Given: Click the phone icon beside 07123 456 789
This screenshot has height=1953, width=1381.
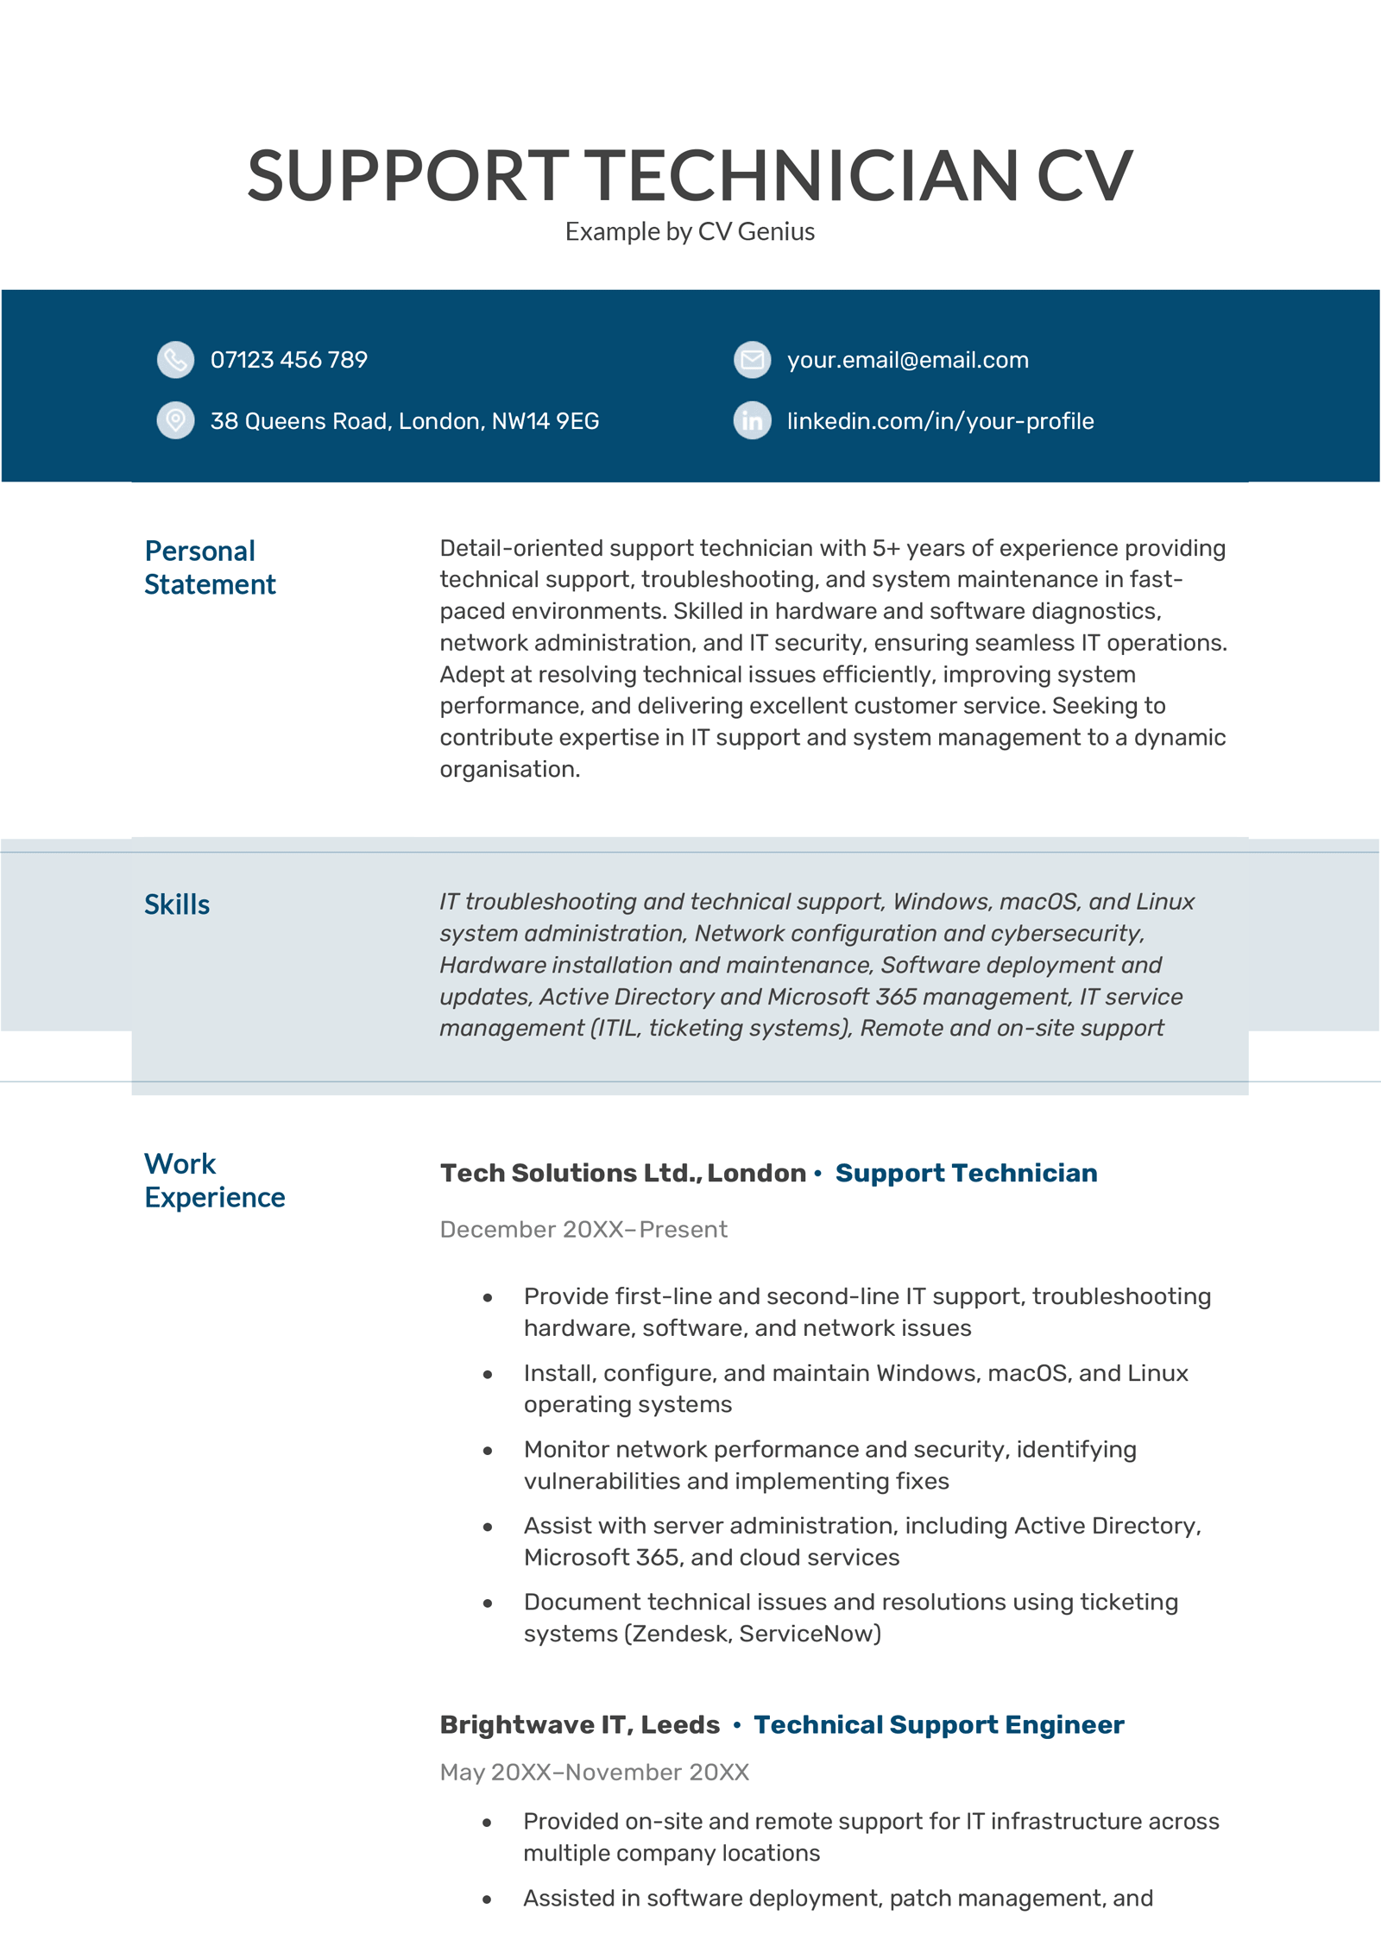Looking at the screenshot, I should [175, 360].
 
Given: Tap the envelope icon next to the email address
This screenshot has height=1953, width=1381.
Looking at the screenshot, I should [752, 360].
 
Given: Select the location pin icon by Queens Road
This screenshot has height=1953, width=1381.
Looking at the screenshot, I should [175, 420].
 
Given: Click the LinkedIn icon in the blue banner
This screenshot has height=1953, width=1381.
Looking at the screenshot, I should [752, 420].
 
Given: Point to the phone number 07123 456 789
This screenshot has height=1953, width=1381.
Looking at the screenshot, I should [288, 360].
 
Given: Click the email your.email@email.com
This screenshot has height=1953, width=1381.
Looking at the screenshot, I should [907, 360].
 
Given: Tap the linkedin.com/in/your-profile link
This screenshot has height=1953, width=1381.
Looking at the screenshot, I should [940, 421].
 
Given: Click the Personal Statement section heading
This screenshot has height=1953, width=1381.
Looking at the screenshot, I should [209, 567].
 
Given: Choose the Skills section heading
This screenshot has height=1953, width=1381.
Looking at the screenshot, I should [177, 904].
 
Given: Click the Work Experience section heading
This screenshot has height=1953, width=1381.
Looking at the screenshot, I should [214, 1180].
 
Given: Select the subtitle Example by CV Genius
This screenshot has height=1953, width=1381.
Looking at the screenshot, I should [690, 231].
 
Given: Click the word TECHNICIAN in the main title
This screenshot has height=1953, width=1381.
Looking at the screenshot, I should [802, 176].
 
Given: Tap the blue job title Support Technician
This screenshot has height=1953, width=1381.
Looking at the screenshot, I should [966, 1173].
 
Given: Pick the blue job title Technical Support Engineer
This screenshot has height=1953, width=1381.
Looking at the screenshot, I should [938, 1724].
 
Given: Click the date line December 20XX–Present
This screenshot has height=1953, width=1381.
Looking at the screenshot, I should [583, 1229].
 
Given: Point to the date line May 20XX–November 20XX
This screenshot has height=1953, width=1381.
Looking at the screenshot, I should [594, 1772].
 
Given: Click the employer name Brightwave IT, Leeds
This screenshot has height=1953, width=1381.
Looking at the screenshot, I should [579, 1724].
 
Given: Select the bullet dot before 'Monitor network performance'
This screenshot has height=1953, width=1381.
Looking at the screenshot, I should [488, 1451].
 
